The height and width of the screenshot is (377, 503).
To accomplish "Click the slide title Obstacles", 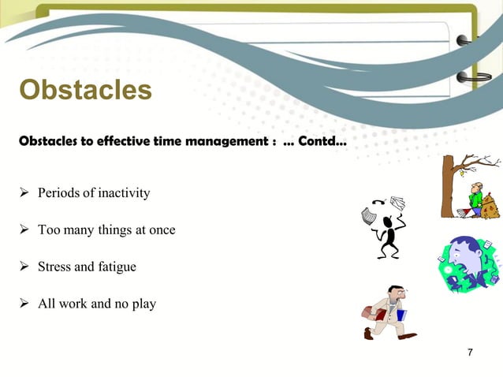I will (x=85, y=90).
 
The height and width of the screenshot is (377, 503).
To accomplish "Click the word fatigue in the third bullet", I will (x=117, y=267).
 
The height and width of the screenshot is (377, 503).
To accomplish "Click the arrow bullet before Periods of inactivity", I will (x=24, y=193).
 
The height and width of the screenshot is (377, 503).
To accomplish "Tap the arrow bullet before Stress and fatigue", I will (x=24, y=267).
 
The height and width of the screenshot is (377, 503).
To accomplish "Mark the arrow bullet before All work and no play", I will (x=24, y=303).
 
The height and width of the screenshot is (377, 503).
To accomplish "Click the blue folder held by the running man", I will (x=401, y=315).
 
